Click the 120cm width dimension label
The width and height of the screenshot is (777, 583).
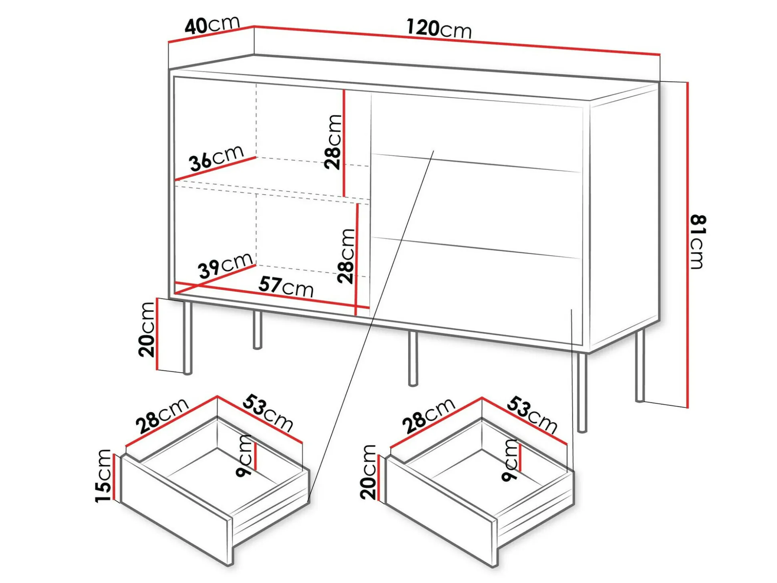439,29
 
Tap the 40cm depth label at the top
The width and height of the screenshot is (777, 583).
212,25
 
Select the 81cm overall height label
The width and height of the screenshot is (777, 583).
698,242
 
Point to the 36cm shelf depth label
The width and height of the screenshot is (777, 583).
217,158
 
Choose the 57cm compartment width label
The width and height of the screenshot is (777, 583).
286,286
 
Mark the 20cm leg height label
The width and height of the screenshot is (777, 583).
147,329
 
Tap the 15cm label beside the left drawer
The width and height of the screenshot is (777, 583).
103,476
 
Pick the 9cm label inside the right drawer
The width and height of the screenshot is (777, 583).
510,460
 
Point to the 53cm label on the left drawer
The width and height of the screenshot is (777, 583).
268,412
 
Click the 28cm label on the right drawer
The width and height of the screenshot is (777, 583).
429,416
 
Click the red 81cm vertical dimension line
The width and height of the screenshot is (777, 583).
688,245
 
